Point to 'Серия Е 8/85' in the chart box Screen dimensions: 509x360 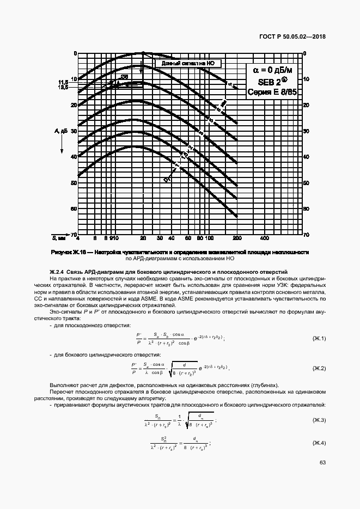(272, 93)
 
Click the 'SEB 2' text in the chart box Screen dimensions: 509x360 (271, 81)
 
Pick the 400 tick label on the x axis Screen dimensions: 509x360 (264, 238)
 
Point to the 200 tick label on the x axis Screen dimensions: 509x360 (237, 238)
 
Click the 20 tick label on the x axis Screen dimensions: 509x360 (143, 238)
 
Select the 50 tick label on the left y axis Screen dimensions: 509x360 (74, 183)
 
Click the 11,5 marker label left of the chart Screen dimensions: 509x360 (64, 82)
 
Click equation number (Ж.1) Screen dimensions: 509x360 (318, 339)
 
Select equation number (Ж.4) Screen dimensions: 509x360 (318, 442)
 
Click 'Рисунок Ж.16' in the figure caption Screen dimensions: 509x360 (69, 252)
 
